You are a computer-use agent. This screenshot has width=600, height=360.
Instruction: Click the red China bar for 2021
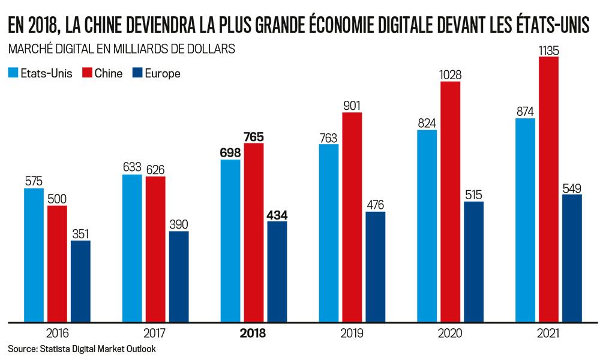pyautogui.click(x=549, y=189)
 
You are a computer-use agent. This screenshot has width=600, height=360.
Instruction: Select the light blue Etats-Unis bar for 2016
pyautogui.click(x=34, y=254)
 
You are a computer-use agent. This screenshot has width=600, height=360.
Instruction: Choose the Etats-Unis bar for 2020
pyautogui.click(x=427, y=225)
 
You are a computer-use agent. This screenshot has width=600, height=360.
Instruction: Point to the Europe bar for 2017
pyautogui.click(x=179, y=276)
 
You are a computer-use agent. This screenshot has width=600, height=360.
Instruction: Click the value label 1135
pyautogui.click(x=549, y=50)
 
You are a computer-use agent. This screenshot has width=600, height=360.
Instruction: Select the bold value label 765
pyautogui.click(x=254, y=136)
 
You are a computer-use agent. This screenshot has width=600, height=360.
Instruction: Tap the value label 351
pyautogui.click(x=80, y=234)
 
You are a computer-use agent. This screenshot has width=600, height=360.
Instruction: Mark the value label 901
pyautogui.click(x=352, y=106)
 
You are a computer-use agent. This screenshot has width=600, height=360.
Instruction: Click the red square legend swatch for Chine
pyautogui.click(x=86, y=73)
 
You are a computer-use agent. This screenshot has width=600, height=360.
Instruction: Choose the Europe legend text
pyautogui.click(x=163, y=73)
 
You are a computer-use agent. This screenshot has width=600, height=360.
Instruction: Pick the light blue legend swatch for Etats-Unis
pyautogui.click(x=13, y=73)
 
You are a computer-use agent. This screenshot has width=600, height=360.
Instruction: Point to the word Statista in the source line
pyautogui.click(x=55, y=349)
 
